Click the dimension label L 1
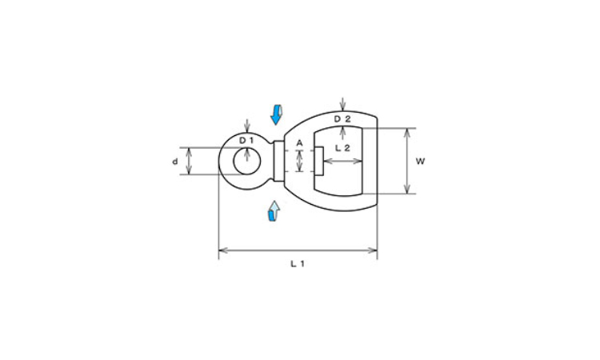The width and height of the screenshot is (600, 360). pyautogui.click(x=298, y=264)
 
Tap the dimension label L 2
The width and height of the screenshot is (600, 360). pyautogui.click(x=342, y=148)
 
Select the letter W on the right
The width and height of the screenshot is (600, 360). pyautogui.click(x=420, y=162)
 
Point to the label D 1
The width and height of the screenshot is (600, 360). pyautogui.click(x=247, y=141)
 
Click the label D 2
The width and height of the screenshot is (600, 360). pyautogui.click(x=342, y=119)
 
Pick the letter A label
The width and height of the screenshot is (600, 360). pyautogui.click(x=300, y=143)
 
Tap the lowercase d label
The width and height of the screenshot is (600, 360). pyautogui.click(x=175, y=162)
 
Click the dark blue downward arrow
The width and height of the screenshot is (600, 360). pyautogui.click(x=276, y=114)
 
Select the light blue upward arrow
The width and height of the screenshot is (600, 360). pyautogui.click(x=274, y=210)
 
